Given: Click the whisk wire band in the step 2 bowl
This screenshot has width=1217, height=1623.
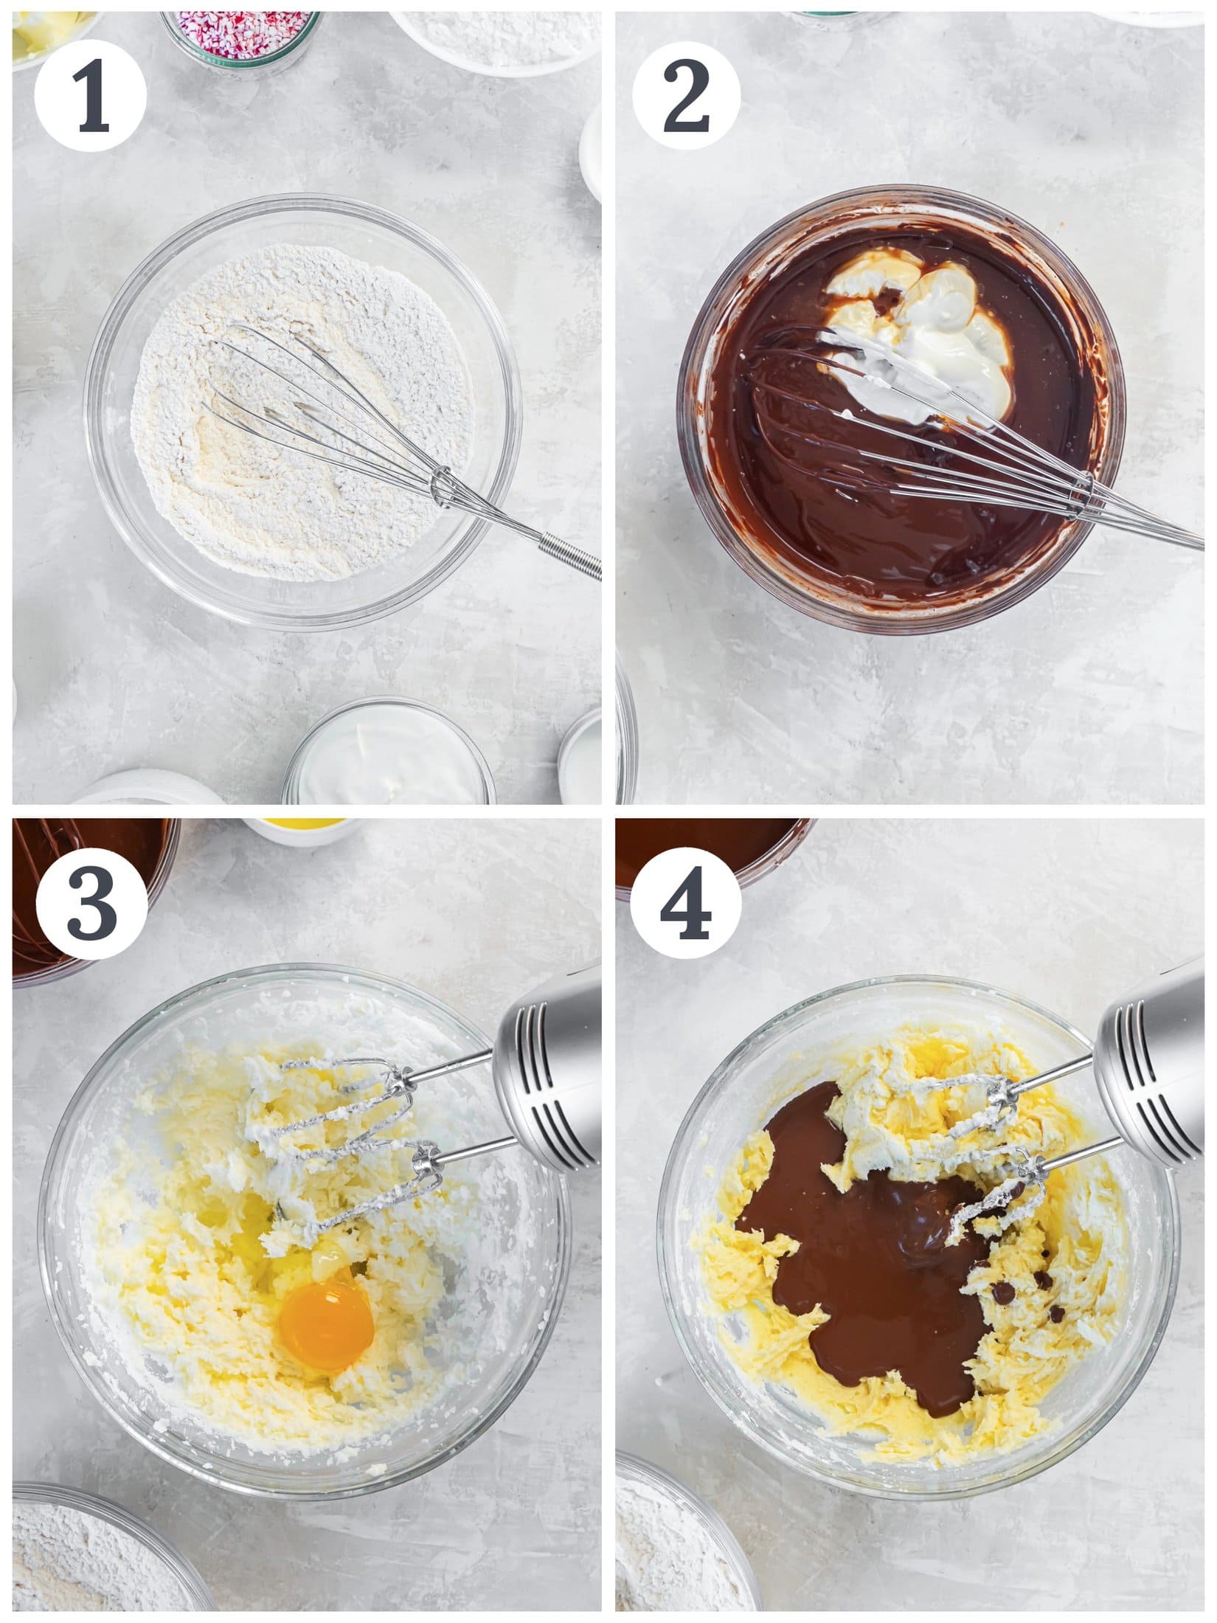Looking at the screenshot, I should [1082, 487].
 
